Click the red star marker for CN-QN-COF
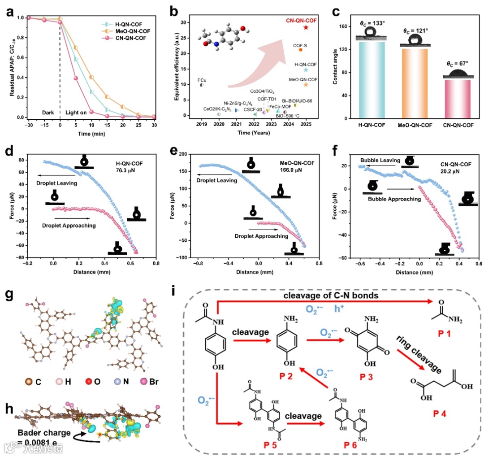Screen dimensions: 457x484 point(306,27)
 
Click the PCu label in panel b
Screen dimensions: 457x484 point(202,80)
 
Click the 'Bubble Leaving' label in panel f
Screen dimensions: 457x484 point(380,160)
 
